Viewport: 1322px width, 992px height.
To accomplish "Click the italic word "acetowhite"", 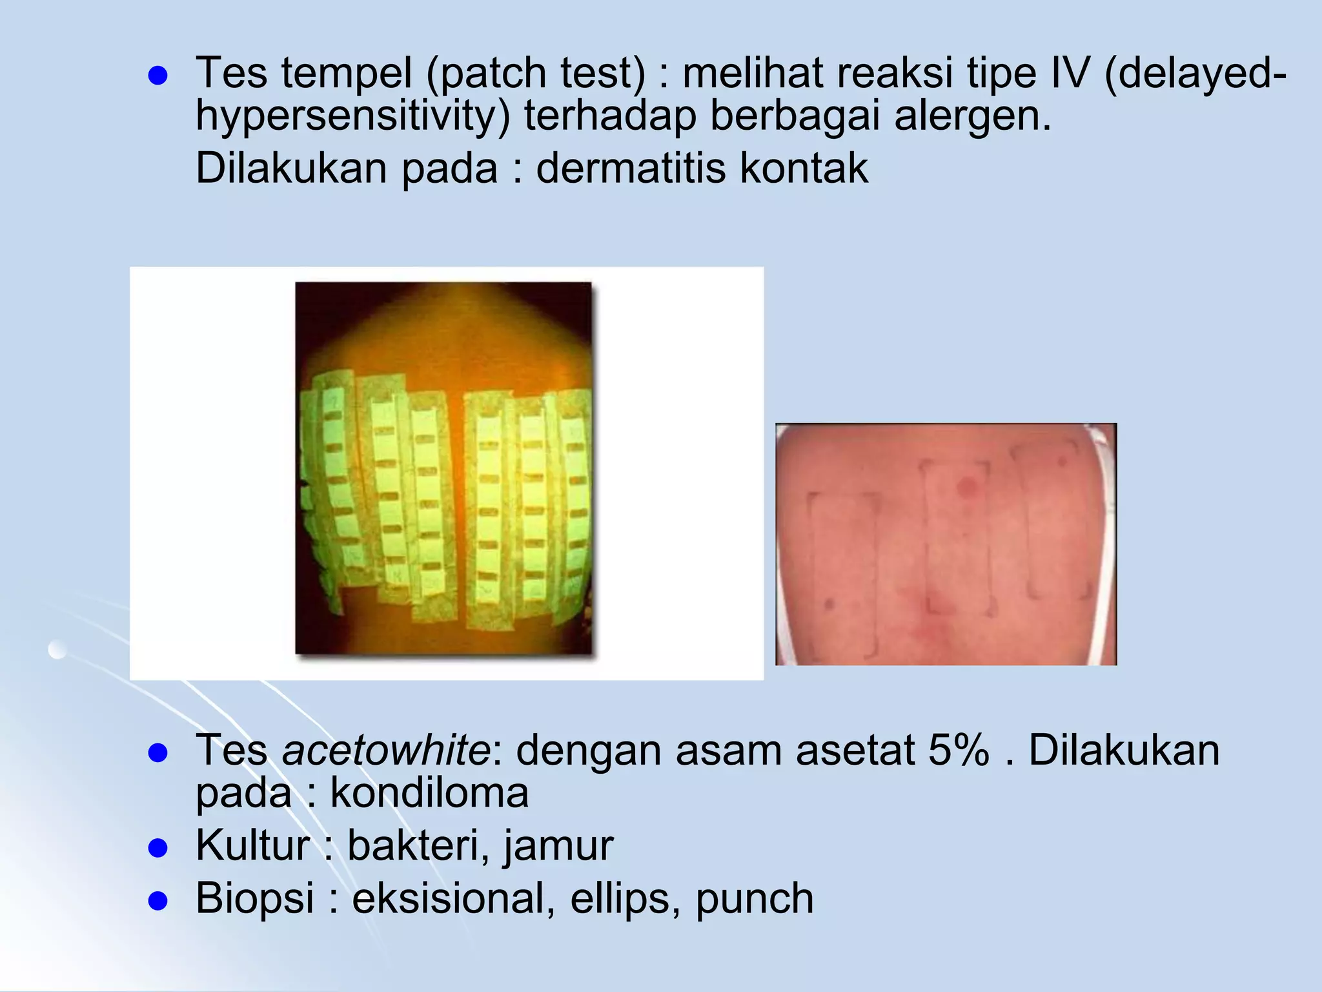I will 386,750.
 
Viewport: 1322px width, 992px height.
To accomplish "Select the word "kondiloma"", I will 429,792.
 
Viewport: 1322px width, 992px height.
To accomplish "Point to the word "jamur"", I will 558,846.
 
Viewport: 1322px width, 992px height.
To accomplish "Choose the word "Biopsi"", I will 254,898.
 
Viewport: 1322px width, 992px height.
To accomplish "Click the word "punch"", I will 754,898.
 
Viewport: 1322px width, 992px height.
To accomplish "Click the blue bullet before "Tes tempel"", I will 158,76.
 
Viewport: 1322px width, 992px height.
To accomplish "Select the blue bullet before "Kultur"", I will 158,847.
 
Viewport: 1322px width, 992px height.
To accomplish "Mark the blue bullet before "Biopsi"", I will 158,900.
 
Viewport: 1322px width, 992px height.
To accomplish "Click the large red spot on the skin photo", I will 966,487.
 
